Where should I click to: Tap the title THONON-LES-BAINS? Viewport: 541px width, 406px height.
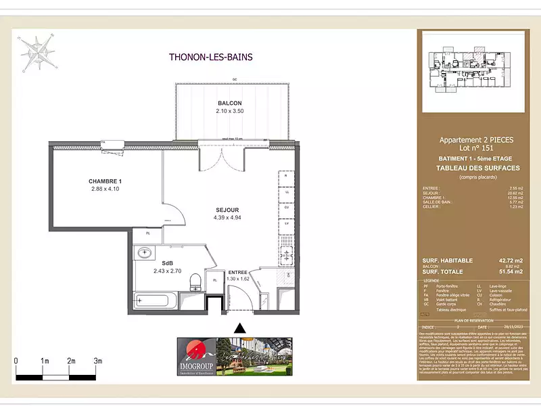[210, 58]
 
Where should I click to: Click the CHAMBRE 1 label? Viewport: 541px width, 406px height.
[105, 181]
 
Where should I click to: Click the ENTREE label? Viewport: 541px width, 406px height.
[238, 271]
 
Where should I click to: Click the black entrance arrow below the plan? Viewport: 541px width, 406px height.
[239, 328]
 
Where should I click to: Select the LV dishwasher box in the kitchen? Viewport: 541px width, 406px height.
[287, 223]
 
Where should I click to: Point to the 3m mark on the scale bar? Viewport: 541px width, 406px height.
[98, 361]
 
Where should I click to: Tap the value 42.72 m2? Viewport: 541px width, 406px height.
[511, 261]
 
